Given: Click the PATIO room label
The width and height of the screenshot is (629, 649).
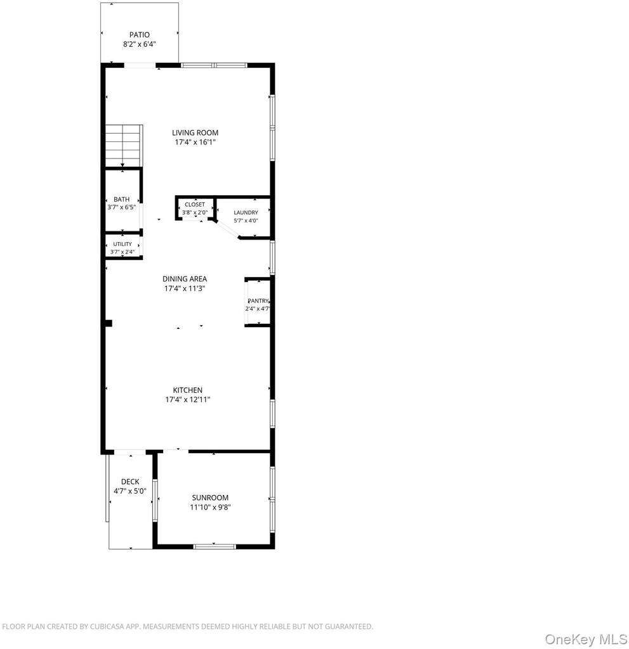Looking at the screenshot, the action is (139, 35).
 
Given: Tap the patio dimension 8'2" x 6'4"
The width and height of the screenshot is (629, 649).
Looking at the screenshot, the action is (139, 44).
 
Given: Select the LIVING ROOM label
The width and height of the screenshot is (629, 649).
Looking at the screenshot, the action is (195, 133).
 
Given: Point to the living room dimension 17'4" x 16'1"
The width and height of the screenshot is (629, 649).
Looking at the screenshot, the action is (195, 143).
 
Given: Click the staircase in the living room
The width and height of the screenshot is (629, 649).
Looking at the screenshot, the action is (124, 145).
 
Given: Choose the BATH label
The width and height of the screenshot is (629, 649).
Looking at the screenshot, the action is (121, 200).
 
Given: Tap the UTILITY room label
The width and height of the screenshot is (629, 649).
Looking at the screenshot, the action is (122, 244).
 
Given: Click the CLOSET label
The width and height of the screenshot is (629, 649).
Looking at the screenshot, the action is (195, 205).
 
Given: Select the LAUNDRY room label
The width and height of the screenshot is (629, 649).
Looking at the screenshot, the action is (246, 212).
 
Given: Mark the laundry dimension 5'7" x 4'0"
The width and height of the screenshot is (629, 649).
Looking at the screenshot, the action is (246, 221).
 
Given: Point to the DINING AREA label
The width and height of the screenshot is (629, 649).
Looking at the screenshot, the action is (185, 279).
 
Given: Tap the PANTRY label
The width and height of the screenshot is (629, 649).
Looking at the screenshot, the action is (258, 301).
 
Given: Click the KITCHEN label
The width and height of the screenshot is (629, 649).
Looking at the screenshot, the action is (188, 390).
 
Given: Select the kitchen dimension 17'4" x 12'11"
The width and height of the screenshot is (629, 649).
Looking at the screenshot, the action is (188, 400).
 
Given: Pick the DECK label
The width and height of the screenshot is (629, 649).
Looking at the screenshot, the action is (130, 482).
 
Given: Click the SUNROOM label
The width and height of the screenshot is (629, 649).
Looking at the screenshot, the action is (210, 498).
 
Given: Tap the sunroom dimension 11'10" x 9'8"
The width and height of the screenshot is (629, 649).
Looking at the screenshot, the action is (210, 508).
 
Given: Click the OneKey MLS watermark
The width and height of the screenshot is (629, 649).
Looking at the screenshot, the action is (586, 639).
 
